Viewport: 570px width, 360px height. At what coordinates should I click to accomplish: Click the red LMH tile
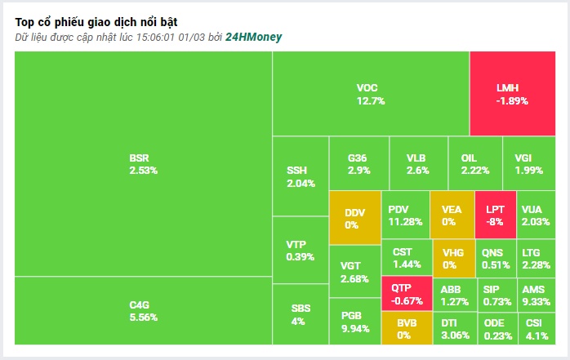(x=513, y=93)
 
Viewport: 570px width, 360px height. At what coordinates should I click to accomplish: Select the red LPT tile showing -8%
(x=496, y=215)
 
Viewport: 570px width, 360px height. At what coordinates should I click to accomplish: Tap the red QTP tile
(x=407, y=294)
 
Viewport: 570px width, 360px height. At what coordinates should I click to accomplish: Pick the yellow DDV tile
(x=355, y=218)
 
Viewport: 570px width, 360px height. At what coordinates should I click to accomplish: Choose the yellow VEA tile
(x=452, y=215)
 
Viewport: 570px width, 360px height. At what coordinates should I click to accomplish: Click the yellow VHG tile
(x=454, y=258)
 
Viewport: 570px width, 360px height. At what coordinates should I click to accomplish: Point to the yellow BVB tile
(x=407, y=328)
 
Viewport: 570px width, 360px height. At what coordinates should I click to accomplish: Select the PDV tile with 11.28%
(x=405, y=215)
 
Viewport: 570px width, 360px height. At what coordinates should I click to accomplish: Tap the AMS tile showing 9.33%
(x=537, y=295)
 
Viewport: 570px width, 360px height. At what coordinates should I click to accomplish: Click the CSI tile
(x=537, y=328)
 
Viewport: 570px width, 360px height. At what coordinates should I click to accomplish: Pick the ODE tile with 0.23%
(x=497, y=328)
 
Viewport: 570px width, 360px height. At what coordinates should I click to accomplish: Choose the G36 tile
(x=358, y=163)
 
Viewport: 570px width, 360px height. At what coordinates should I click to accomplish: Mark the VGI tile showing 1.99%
(x=529, y=163)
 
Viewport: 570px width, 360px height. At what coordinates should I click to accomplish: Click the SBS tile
(x=301, y=314)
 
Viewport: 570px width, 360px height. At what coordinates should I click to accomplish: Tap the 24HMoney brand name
(x=253, y=37)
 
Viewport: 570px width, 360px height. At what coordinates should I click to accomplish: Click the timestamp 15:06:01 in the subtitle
(x=156, y=38)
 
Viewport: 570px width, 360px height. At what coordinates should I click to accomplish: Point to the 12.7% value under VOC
(x=371, y=100)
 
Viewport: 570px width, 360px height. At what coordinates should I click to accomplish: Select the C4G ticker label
(x=139, y=304)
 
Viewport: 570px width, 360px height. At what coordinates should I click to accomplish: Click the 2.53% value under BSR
(x=144, y=171)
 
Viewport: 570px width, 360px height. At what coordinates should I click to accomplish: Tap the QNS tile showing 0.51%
(x=496, y=258)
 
